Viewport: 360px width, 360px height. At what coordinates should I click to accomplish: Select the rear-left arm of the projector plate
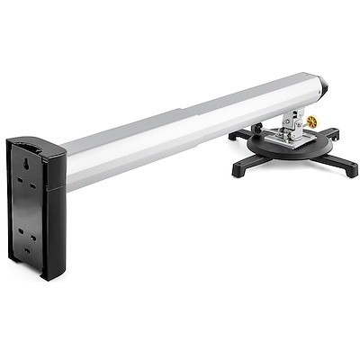click(x=238, y=135)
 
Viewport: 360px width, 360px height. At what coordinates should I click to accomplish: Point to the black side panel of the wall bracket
click(x=54, y=216)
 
